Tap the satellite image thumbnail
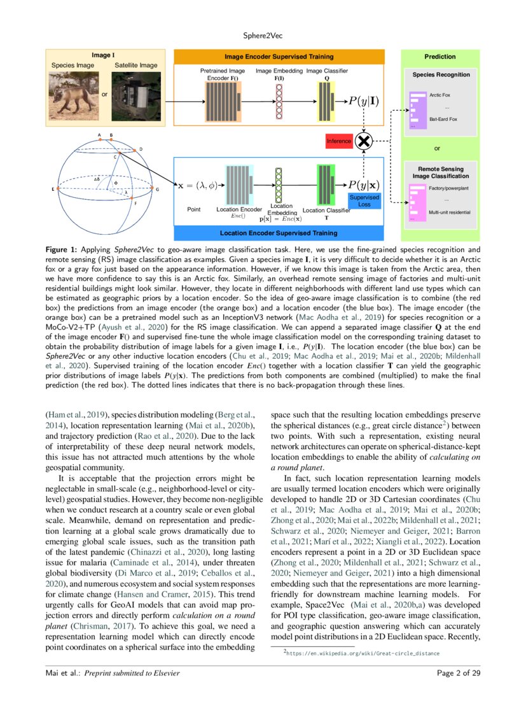click(x=135, y=96)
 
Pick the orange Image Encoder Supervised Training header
click(x=280, y=57)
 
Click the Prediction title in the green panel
click(x=440, y=57)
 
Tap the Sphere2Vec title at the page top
click(x=263, y=37)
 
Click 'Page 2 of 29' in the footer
click(x=459, y=672)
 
